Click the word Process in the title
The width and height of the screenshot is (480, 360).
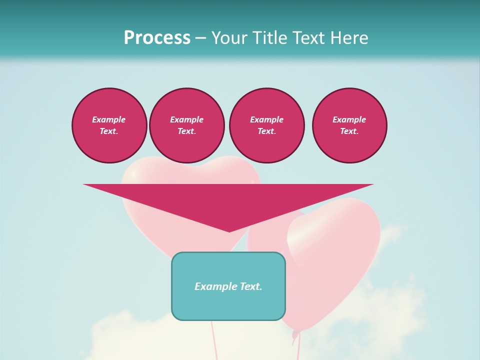coord(157,38)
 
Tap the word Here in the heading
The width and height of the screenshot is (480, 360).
coord(348,38)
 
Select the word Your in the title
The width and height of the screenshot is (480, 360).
coord(229,38)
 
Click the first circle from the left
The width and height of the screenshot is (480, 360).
coord(109,125)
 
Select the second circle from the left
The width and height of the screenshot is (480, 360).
coord(186,125)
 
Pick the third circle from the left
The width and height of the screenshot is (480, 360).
coord(266,125)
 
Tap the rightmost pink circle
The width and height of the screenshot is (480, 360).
coord(349,125)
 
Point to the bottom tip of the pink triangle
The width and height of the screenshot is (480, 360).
coord(229,231)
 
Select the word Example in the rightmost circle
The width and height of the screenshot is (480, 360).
coord(349,119)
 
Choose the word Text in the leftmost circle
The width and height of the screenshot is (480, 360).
coord(108,131)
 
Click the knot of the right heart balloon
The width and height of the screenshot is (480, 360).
coord(295,333)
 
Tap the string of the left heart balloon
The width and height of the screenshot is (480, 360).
coord(214,340)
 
